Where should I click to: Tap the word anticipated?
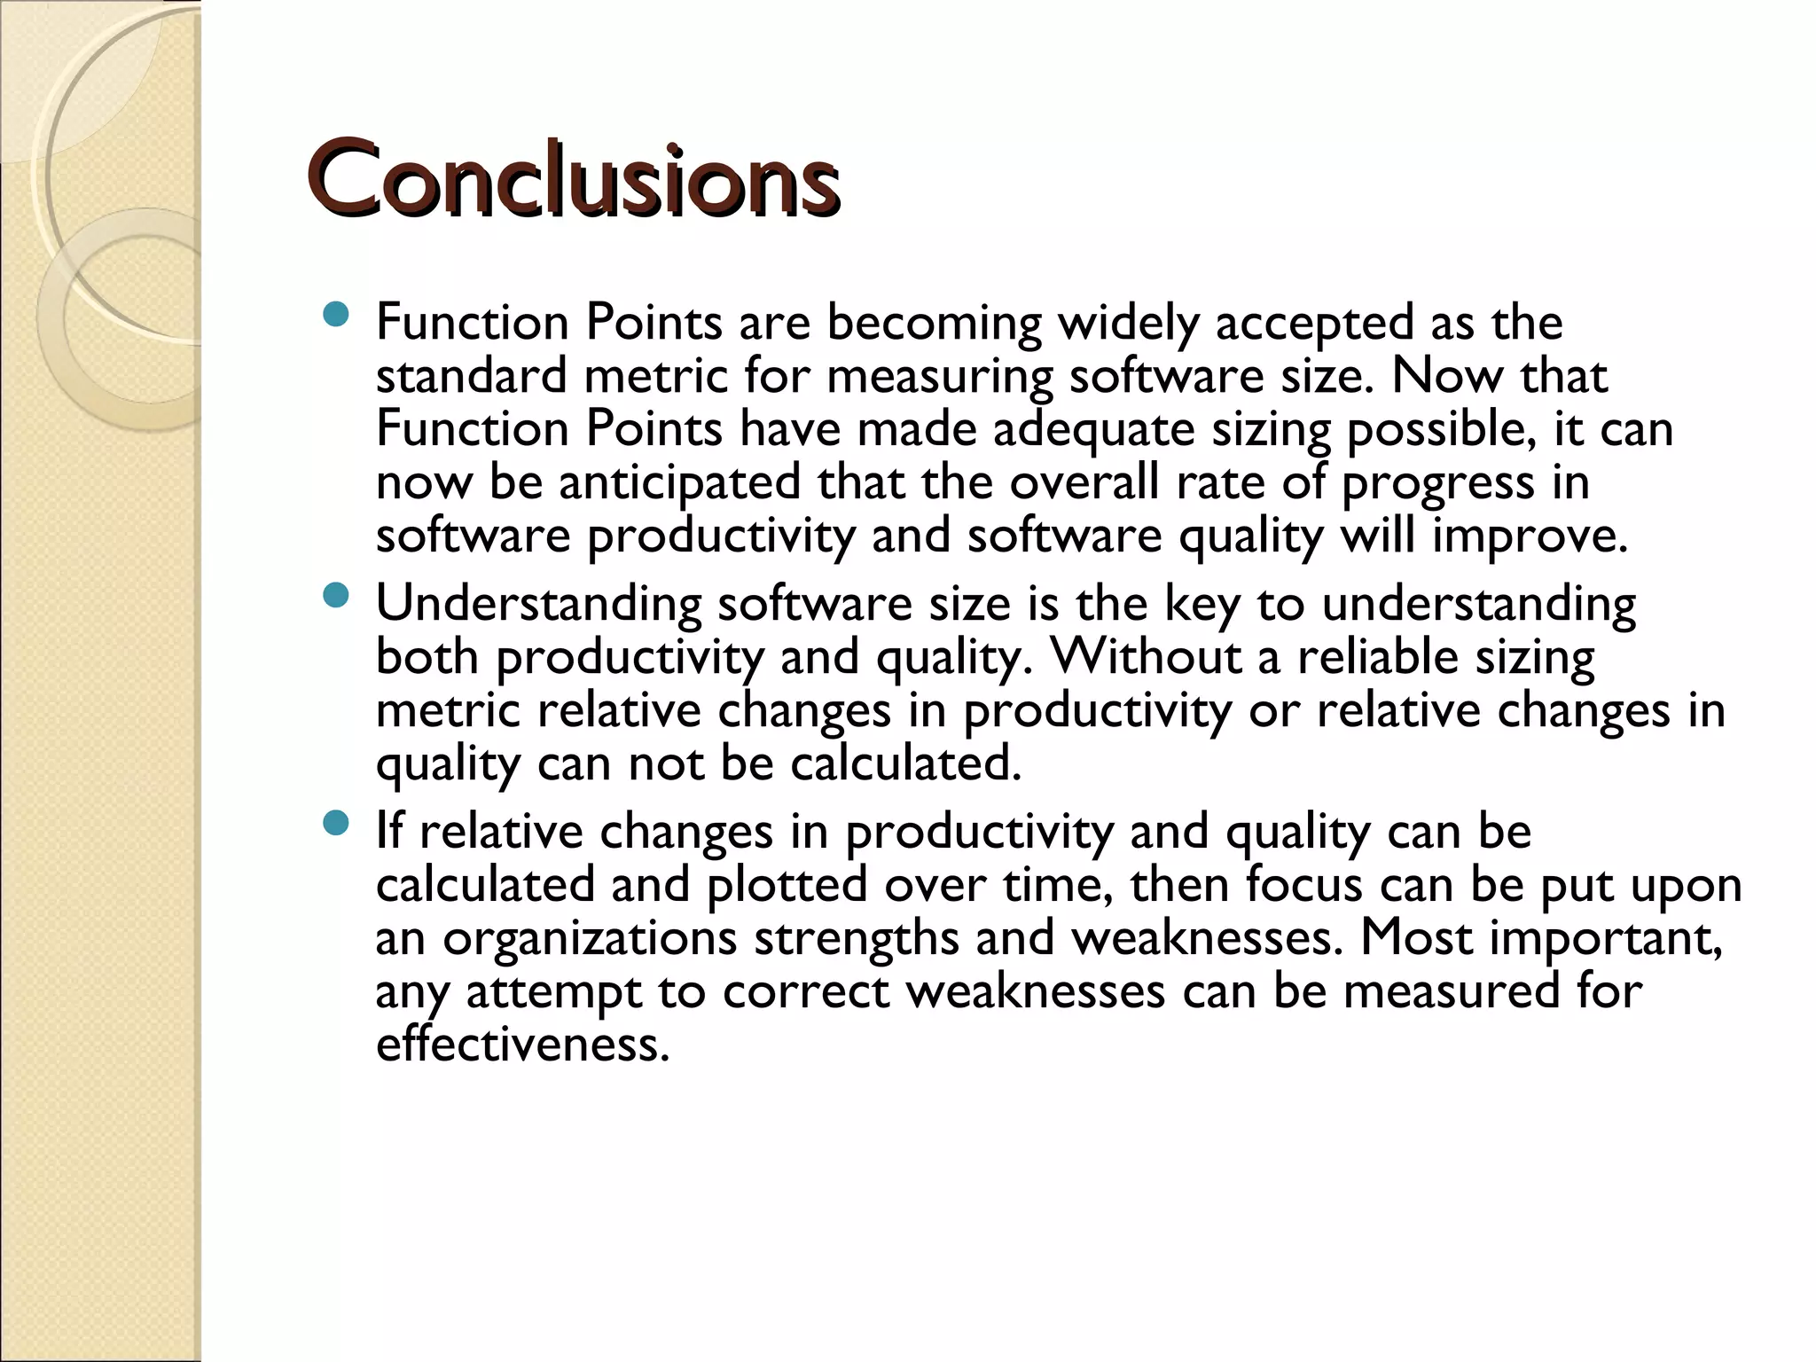[x=679, y=482]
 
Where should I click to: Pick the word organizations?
[x=589, y=938]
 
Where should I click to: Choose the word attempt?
[x=553, y=991]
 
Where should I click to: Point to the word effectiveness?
[x=521, y=1045]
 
